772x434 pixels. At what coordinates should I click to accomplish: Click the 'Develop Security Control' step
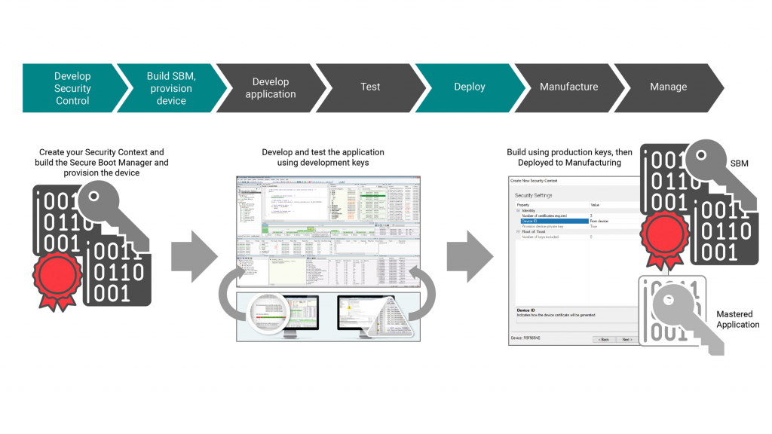(x=72, y=88)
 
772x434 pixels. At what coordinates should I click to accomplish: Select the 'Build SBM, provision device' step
(x=171, y=88)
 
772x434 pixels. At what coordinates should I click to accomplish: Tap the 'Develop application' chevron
(x=270, y=88)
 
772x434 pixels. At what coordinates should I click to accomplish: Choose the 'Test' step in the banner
(x=370, y=87)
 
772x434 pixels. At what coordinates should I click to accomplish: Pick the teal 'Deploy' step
(x=469, y=87)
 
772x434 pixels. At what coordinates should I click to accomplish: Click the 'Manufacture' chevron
(x=568, y=87)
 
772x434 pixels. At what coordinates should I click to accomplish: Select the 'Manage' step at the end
(x=668, y=87)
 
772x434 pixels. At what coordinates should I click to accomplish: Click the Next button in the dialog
(x=626, y=339)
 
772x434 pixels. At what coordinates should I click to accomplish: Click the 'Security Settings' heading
(x=535, y=194)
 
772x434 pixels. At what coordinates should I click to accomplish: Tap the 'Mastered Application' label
(x=737, y=319)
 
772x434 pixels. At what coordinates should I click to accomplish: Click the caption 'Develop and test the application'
(x=323, y=151)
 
